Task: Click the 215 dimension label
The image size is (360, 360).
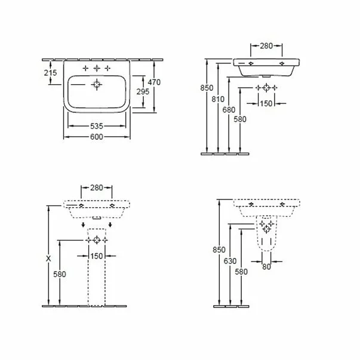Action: tap(51, 73)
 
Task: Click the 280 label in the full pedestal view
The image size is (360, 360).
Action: tap(96, 188)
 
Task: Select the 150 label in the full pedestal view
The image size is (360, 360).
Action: tap(96, 256)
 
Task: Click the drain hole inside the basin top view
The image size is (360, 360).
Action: tap(96, 87)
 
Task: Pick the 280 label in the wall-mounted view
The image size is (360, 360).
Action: tap(266, 46)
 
